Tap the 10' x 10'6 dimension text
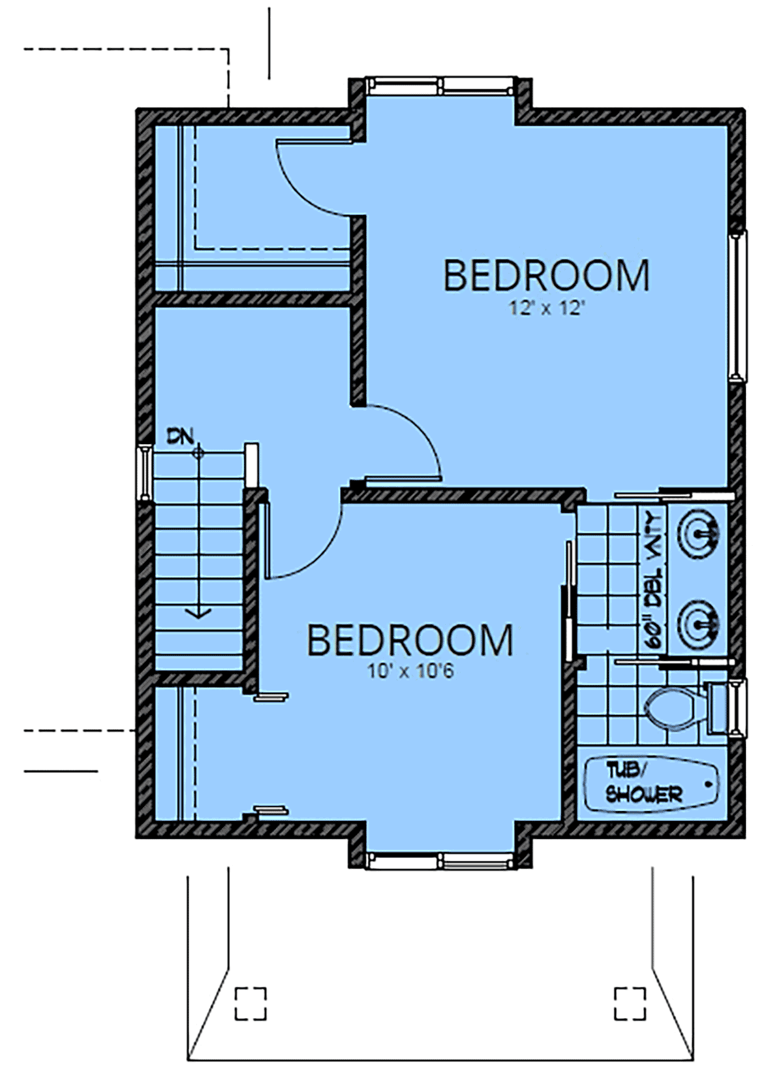tap(411, 671)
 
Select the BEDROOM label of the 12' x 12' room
tap(546, 276)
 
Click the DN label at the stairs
tap(179, 437)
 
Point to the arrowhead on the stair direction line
tap(198, 612)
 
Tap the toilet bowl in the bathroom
tap(672, 708)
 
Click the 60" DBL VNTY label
tap(653, 580)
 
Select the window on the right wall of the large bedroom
tap(738, 306)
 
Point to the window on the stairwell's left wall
tap(144, 473)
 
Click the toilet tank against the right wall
tap(718, 708)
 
